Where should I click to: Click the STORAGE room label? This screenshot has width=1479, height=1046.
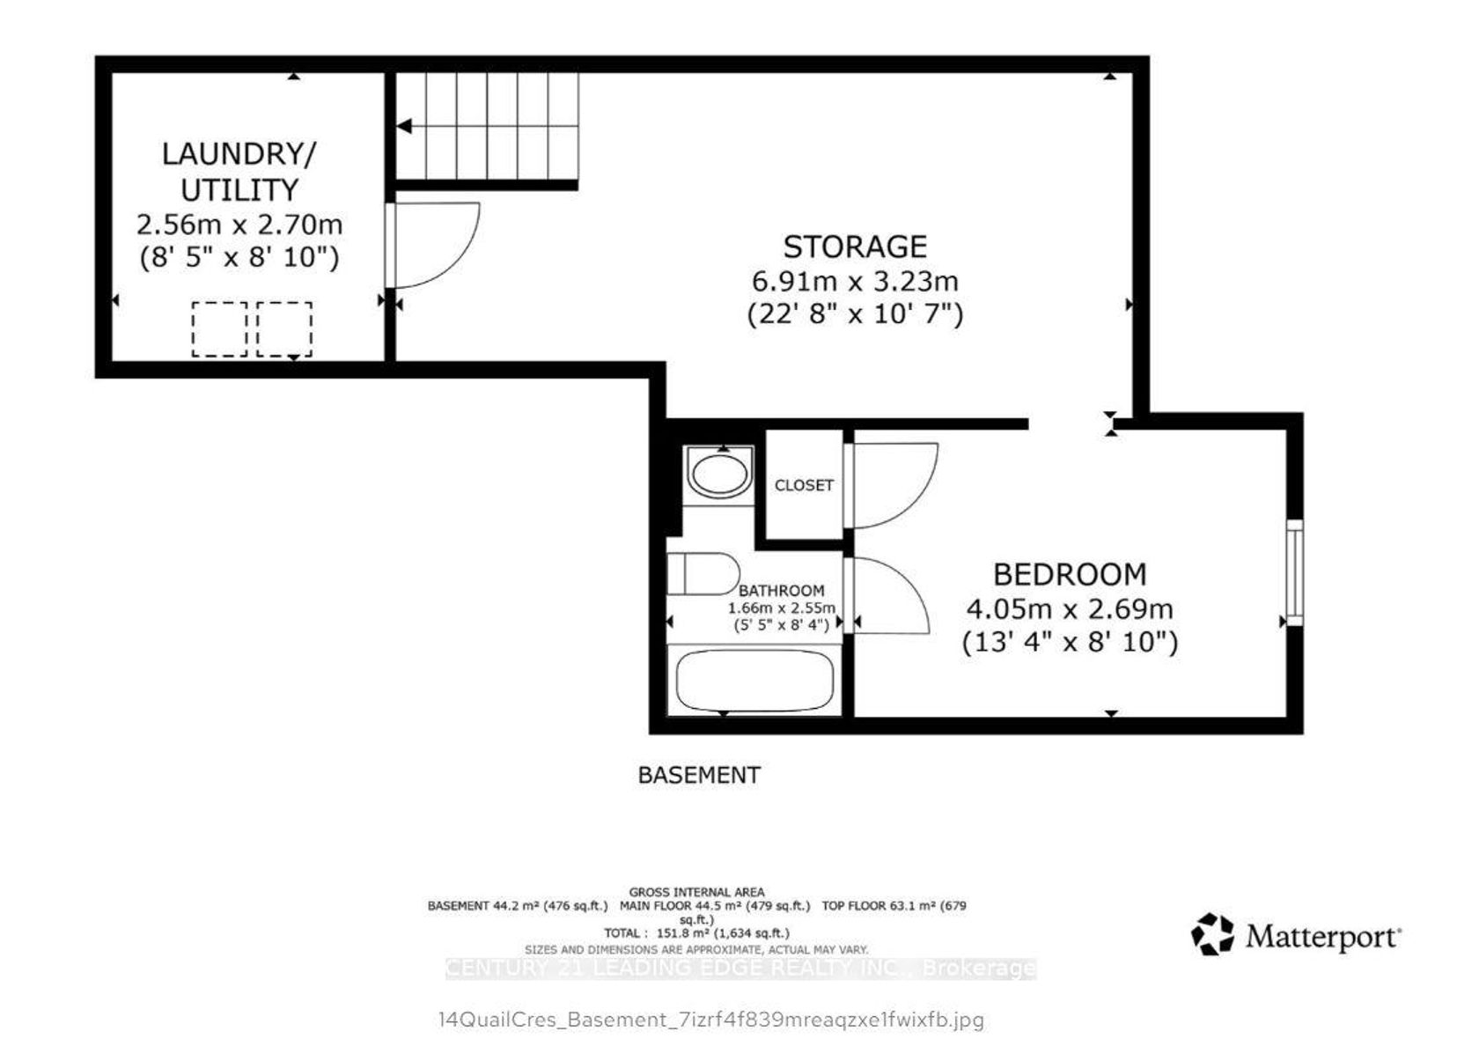click(x=855, y=247)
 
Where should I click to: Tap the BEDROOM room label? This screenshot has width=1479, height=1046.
click(x=1070, y=574)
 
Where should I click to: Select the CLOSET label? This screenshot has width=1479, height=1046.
click(x=804, y=485)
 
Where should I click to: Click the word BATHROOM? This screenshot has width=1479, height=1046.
click(x=781, y=590)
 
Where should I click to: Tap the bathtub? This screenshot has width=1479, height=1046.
click(x=754, y=680)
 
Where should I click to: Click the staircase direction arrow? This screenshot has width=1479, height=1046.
click(x=404, y=126)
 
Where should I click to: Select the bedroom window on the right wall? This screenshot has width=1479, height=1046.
click(x=1295, y=572)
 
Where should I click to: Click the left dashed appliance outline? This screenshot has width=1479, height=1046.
click(x=220, y=329)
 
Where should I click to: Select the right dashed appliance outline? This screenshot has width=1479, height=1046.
click(x=284, y=329)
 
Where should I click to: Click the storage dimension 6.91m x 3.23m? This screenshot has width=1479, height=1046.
click(x=855, y=282)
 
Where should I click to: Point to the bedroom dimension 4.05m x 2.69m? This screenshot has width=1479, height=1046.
click(x=1070, y=609)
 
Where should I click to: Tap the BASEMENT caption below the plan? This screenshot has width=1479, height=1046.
click(x=699, y=775)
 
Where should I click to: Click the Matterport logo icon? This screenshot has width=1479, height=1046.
click(x=1212, y=934)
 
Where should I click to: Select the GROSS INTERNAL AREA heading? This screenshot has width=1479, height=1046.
click(x=696, y=892)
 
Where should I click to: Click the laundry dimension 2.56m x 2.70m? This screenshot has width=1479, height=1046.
click(x=239, y=225)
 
